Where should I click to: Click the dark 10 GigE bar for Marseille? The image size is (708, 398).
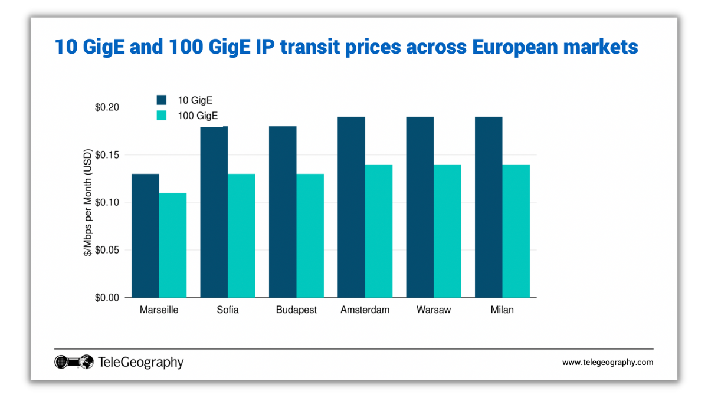pos(145,236)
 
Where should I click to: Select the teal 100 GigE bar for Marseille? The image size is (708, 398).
pos(173,245)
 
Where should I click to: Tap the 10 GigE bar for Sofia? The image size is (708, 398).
pos(214,212)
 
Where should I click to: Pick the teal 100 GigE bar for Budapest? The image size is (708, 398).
pos(310,236)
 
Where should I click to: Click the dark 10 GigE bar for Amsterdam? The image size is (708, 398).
pos(351,207)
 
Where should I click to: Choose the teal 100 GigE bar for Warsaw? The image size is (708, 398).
pos(447,231)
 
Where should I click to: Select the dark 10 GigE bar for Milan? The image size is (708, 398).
pos(489,207)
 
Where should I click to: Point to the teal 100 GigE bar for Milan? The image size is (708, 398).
pos(516,231)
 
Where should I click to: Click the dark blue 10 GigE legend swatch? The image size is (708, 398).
pos(162,100)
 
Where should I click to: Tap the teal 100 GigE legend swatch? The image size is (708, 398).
pos(162,116)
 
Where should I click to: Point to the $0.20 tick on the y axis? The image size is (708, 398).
pos(107,107)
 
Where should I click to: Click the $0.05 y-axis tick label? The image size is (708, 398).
pos(107,250)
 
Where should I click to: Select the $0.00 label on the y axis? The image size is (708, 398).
pos(107,298)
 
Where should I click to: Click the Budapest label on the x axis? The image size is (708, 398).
pos(296,310)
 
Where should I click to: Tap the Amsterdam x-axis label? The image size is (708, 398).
pos(365,310)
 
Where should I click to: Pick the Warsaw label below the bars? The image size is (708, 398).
pos(433,310)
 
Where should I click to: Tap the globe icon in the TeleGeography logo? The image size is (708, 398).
pos(86,362)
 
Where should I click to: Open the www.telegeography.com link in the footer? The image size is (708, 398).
pos(607,363)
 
